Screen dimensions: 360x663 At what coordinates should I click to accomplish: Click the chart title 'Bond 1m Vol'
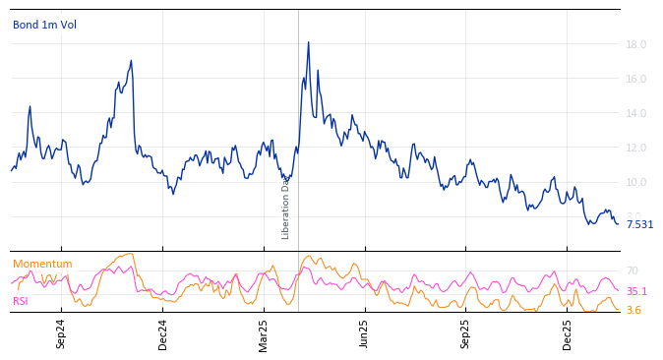click(x=44, y=25)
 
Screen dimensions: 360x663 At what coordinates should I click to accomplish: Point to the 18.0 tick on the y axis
click(x=635, y=44)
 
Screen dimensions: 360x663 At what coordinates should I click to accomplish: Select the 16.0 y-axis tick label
click(x=635, y=79)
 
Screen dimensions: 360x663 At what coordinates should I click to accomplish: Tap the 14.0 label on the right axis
click(x=635, y=113)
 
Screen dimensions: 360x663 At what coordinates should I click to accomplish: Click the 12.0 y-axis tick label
click(x=635, y=148)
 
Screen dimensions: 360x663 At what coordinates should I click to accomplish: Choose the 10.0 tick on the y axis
click(x=635, y=182)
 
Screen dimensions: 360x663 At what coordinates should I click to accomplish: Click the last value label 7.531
click(x=639, y=224)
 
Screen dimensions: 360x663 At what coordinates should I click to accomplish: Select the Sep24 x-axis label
click(x=61, y=334)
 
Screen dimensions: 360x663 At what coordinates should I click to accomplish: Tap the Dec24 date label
click(x=163, y=334)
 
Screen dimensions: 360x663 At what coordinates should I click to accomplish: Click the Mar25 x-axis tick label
click(x=264, y=334)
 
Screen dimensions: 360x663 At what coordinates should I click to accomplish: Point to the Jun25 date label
click(x=365, y=334)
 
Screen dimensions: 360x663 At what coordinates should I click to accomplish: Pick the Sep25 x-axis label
click(x=466, y=334)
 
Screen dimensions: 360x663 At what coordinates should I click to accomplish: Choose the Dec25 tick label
click(x=568, y=334)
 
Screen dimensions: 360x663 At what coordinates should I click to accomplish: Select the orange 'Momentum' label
click(x=42, y=264)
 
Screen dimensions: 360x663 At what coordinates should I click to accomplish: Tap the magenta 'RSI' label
click(x=21, y=301)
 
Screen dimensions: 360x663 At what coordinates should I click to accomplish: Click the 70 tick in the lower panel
click(x=633, y=270)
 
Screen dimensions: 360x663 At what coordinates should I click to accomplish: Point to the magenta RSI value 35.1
click(x=636, y=291)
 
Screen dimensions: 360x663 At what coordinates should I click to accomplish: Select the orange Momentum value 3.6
click(x=633, y=310)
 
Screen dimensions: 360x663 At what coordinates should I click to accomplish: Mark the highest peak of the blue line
click(x=308, y=42)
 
